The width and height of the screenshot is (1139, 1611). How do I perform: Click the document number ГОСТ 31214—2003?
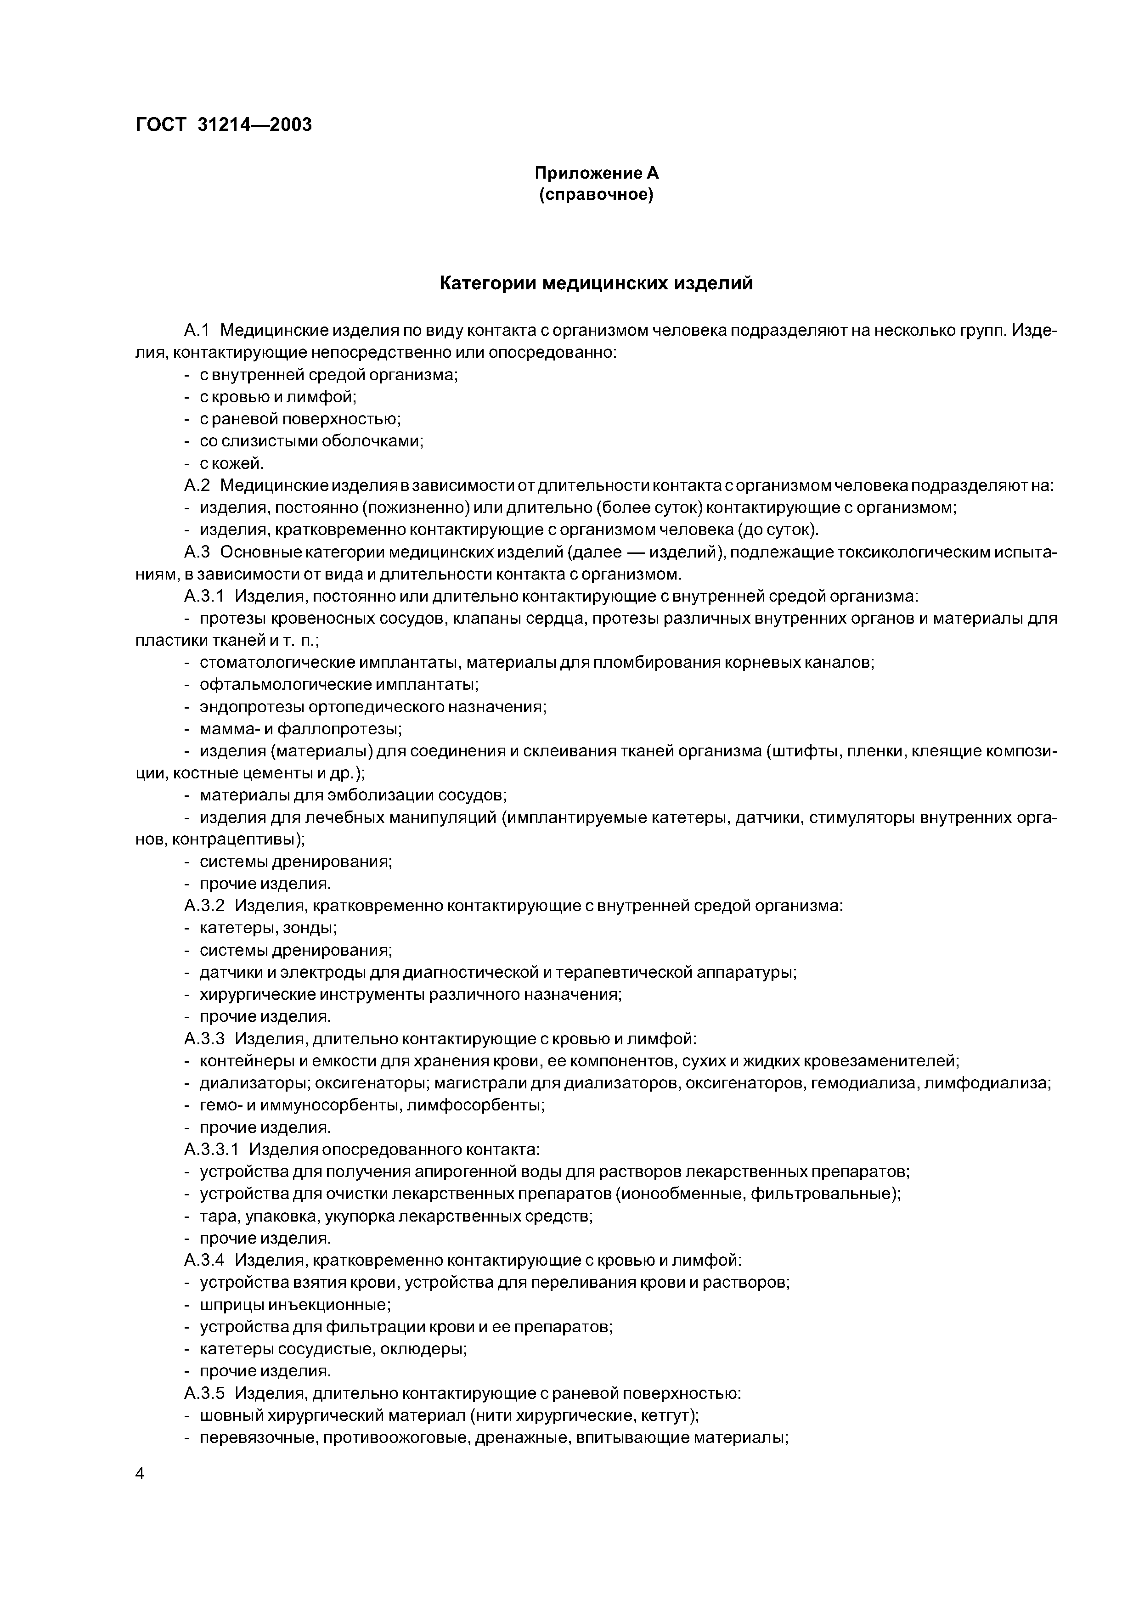pyautogui.click(x=223, y=124)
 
